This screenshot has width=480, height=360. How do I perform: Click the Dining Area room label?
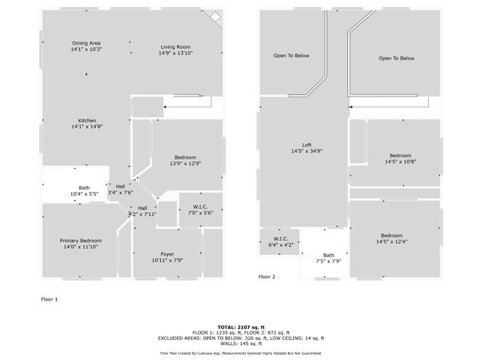pyautogui.click(x=86, y=43)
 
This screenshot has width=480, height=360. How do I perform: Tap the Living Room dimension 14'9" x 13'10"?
pyautogui.click(x=175, y=53)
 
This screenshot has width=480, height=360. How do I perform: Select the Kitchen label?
pyautogui.click(x=86, y=121)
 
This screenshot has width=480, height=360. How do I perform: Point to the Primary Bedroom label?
pyautogui.click(x=79, y=241)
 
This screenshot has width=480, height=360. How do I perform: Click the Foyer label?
pyautogui.click(x=167, y=254)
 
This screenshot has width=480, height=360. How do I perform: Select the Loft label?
pyautogui.click(x=306, y=145)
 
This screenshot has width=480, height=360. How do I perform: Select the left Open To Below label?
pyautogui.click(x=291, y=56)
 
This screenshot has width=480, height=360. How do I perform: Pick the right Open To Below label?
pyautogui.click(x=396, y=58)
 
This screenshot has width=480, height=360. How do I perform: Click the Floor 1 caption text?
pyautogui.click(x=49, y=298)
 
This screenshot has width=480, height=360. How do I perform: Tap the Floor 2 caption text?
pyautogui.click(x=267, y=277)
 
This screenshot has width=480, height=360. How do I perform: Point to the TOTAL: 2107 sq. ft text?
pyautogui.click(x=240, y=327)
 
